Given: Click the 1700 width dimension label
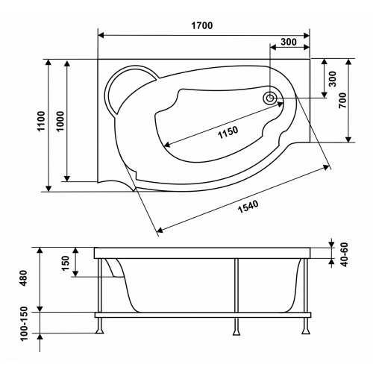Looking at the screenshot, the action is tap(202, 25).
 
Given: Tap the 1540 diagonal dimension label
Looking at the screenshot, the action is tap(248, 207).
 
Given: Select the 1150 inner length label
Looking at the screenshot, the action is tap(228, 133).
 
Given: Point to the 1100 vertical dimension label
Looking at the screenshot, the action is tap(42, 121).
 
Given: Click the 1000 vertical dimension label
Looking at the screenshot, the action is tap(60, 122).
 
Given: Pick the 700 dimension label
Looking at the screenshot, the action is tap(342, 100).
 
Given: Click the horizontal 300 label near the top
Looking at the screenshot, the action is tap(289, 42).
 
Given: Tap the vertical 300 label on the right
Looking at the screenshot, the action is tap(332, 79).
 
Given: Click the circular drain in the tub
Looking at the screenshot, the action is tap(270, 98).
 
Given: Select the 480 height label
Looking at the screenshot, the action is tap(23, 278).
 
